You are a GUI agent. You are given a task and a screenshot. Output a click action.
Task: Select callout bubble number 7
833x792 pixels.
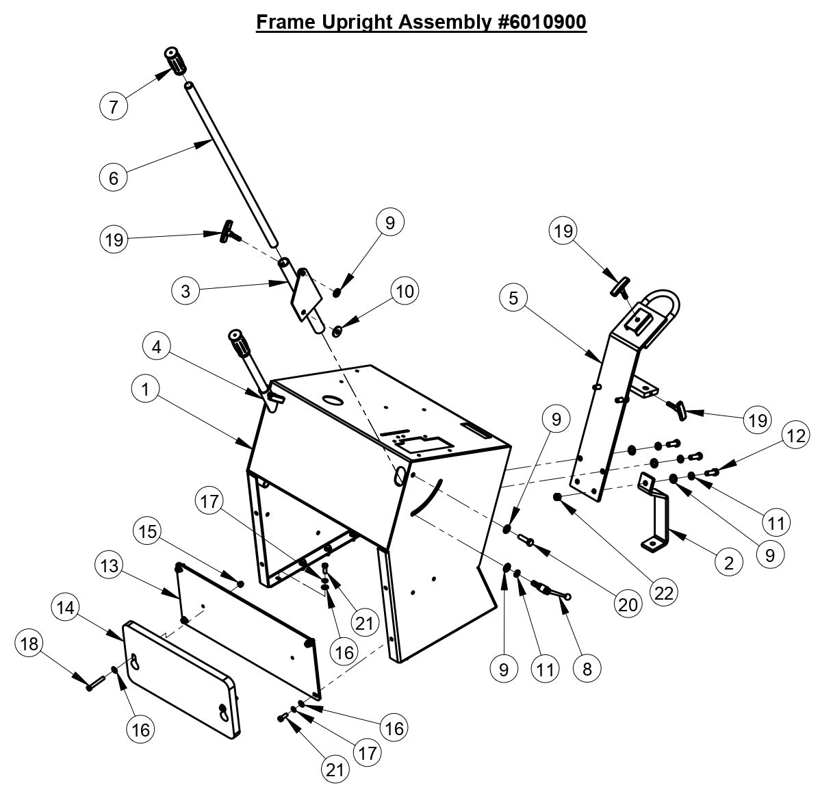click(114, 106)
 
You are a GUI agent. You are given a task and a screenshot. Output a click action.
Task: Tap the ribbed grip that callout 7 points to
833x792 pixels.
click(177, 62)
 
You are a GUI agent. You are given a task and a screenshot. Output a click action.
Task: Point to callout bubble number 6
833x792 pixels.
click(114, 178)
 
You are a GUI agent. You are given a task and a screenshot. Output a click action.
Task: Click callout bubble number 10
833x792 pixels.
click(405, 291)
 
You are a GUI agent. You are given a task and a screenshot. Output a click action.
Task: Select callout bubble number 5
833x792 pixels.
click(513, 298)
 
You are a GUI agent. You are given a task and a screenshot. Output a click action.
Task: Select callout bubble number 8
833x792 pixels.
click(587, 667)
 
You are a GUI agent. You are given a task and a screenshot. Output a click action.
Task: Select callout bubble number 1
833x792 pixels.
click(144, 389)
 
